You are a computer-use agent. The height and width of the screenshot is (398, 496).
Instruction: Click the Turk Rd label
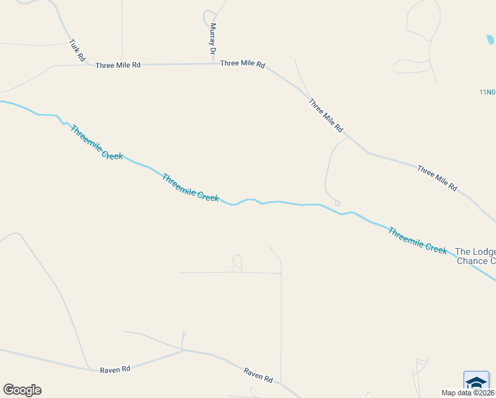[78, 51]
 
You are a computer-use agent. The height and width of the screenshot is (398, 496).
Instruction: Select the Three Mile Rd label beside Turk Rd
[118, 65]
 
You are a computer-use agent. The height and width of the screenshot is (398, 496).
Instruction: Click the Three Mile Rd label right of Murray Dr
[243, 64]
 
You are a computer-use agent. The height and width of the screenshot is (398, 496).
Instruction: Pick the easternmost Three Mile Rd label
[437, 178]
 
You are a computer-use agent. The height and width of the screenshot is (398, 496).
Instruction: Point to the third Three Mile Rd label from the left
[326, 114]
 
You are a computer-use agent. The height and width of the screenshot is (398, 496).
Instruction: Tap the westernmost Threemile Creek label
[97, 143]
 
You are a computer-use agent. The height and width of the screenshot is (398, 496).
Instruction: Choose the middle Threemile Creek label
[190, 188]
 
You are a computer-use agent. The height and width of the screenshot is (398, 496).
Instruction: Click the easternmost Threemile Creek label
[417, 240]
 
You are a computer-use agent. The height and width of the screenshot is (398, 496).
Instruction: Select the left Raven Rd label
[115, 369]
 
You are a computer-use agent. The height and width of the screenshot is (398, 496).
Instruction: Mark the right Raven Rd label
[258, 375]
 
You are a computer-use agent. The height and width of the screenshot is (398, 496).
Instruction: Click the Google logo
[22, 390]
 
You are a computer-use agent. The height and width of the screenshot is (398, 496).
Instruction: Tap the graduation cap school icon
[476, 383]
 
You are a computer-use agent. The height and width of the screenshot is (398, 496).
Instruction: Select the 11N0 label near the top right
[487, 92]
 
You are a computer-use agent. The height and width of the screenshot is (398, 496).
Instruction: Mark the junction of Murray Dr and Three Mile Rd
[213, 64]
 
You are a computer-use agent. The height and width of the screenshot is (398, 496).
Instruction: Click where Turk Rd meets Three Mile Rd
[88, 65]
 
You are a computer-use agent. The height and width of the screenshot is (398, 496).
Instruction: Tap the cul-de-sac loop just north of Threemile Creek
[338, 202]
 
